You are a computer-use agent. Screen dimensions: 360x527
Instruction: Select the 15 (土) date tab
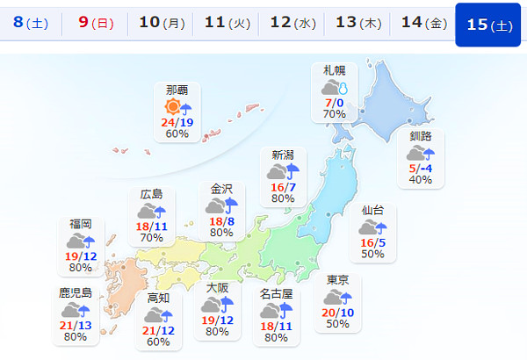click(x=489, y=24)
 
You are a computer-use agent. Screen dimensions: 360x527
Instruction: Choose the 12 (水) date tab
click(x=292, y=24)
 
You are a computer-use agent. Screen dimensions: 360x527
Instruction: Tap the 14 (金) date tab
click(x=422, y=24)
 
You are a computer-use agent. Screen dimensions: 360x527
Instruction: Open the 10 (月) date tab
click(x=162, y=24)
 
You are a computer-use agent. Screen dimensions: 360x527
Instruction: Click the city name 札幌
click(x=335, y=71)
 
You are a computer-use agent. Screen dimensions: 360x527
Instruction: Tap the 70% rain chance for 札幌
click(x=334, y=114)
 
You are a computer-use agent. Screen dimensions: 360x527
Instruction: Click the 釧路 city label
click(x=421, y=137)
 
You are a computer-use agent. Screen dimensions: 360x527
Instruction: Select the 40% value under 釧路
click(x=421, y=180)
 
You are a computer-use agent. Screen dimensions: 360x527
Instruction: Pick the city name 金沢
click(x=221, y=189)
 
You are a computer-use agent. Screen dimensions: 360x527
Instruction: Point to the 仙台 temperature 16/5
click(x=372, y=242)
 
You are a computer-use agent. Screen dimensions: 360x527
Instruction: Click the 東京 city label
click(x=338, y=280)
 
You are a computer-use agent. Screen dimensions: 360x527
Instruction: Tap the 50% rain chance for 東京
click(x=338, y=324)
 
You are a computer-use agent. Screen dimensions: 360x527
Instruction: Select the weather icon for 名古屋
click(x=276, y=311)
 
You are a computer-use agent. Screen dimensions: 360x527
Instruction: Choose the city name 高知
click(x=159, y=299)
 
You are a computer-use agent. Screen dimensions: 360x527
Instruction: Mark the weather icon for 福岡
click(x=80, y=241)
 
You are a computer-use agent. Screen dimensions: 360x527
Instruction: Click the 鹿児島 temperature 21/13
click(x=76, y=325)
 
